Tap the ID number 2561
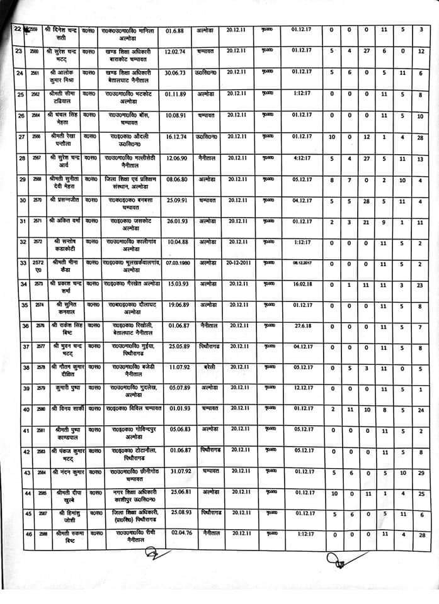37,72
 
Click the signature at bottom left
151,553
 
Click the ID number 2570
37,200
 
